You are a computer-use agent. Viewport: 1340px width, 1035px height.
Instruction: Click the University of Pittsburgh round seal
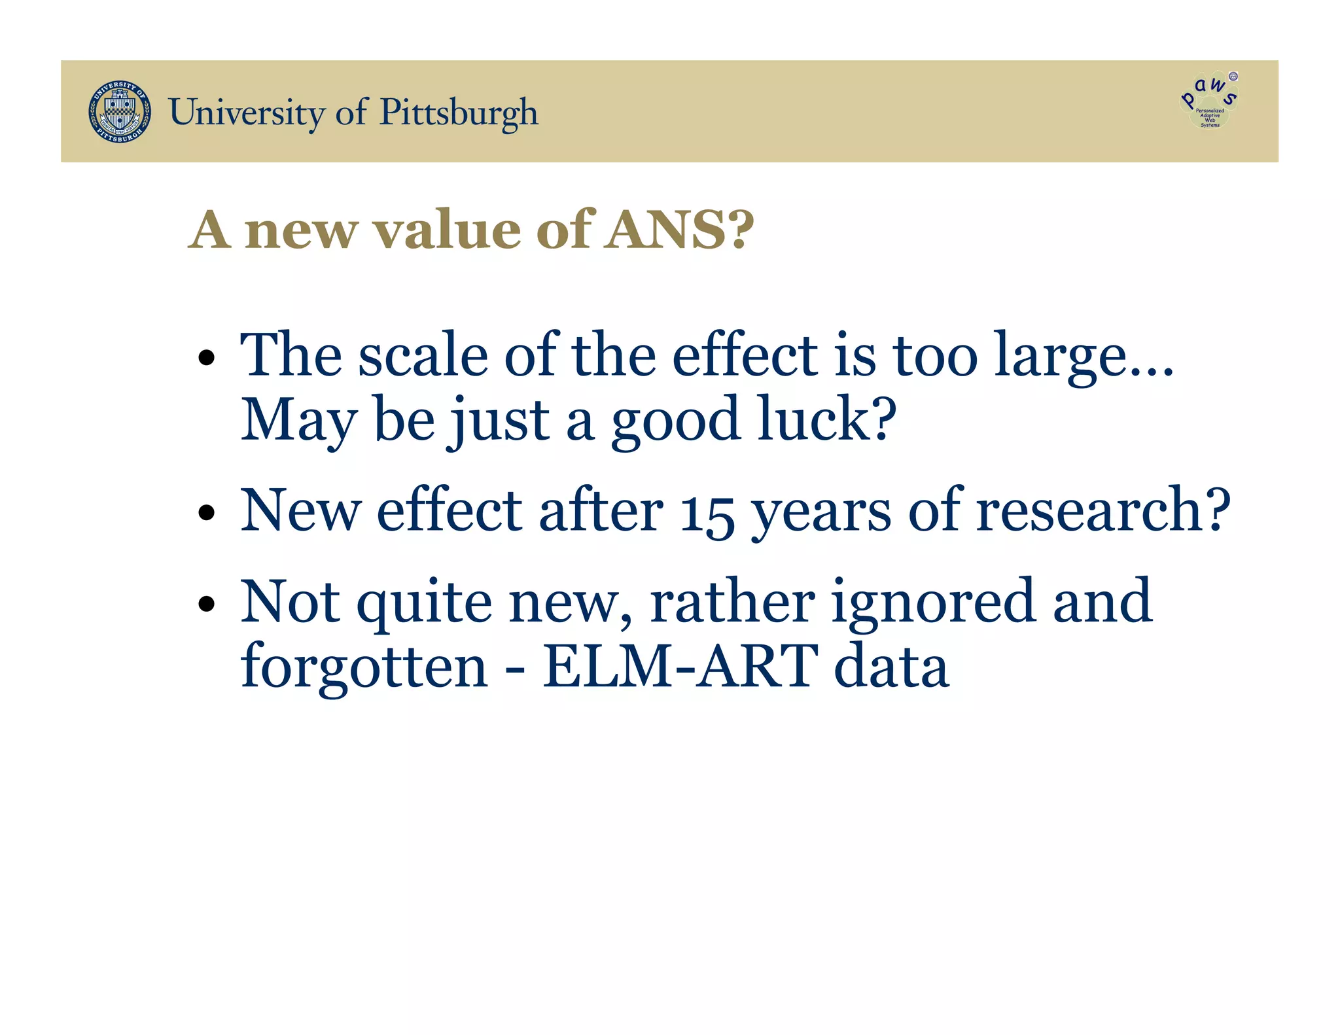(x=120, y=112)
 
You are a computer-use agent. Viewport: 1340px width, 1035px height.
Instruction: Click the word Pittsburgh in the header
(x=459, y=113)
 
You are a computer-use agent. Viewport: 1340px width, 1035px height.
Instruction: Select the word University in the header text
(x=246, y=113)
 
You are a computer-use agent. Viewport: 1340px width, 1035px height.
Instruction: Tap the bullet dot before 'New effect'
(x=207, y=512)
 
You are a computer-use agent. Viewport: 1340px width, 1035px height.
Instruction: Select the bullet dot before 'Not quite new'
(x=207, y=603)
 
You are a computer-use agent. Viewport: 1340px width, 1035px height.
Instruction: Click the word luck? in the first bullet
(x=827, y=420)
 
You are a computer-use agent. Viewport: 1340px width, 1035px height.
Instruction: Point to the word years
(x=820, y=514)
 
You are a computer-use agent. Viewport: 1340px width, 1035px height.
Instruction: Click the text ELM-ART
(x=680, y=666)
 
